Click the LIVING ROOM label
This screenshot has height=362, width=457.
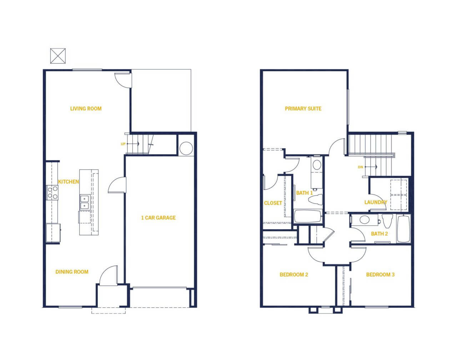86,109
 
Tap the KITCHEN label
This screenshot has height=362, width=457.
69,182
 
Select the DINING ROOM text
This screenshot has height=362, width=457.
72,272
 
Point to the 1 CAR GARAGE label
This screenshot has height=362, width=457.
159,218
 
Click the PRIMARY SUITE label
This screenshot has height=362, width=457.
303,109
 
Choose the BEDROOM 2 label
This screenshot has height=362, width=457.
294,275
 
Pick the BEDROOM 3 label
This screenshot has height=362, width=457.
380,275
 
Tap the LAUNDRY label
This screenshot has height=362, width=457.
376,202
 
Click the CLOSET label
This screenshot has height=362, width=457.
273,203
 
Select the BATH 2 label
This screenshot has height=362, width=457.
379,234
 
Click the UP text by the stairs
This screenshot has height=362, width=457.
123,144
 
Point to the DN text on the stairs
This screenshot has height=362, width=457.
360,167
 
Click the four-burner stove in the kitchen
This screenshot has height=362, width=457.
52,192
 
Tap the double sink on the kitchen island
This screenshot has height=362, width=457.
85,202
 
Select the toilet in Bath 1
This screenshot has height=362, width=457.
315,200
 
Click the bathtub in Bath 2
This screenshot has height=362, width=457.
403,229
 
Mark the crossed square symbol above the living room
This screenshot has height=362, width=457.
58,56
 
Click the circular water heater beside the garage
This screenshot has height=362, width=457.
186,148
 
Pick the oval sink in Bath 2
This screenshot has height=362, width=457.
364,220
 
